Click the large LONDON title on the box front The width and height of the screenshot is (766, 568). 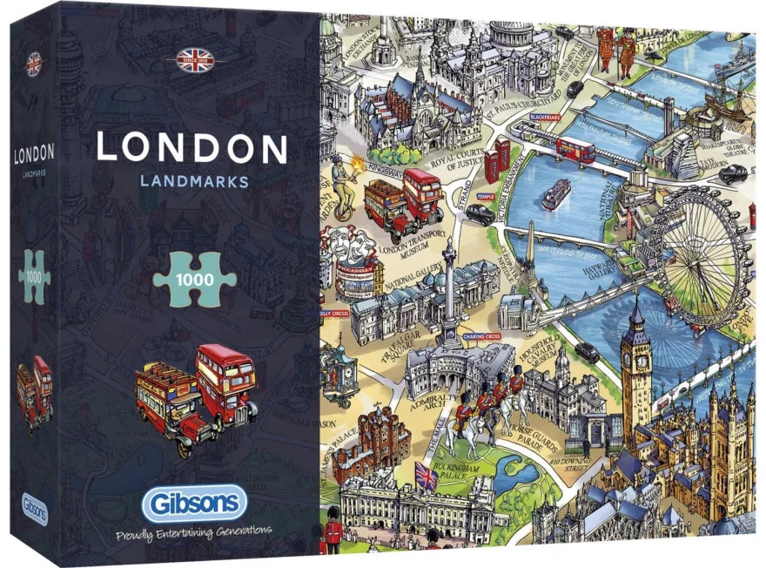(x=191, y=148)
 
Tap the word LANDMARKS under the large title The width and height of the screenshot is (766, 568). (x=193, y=181)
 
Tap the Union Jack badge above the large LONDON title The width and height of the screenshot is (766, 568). (x=194, y=60)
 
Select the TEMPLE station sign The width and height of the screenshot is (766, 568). (x=485, y=198)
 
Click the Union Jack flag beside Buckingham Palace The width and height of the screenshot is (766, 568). (x=427, y=476)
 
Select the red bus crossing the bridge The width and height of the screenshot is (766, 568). (x=575, y=150)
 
